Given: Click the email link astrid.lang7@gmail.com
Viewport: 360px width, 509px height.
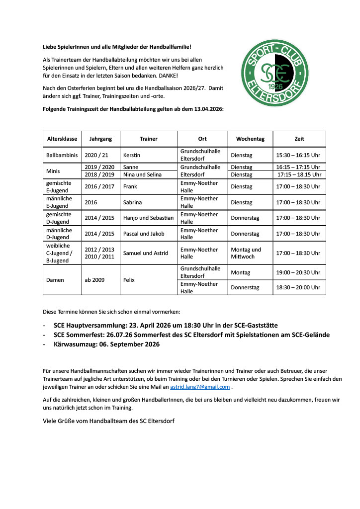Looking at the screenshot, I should point(200,387).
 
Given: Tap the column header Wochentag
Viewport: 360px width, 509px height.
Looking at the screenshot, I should point(250,139).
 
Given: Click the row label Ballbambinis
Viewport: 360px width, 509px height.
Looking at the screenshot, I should point(62,155).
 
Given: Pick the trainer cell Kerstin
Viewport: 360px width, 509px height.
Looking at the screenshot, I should point(132,155).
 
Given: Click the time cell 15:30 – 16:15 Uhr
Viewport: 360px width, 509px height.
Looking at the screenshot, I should point(298,155).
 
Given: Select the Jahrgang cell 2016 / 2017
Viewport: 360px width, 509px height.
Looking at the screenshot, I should point(99,186).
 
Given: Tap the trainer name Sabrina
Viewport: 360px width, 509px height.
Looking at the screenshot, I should point(134,202).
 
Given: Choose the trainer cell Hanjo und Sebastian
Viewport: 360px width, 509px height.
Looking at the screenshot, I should point(148,218).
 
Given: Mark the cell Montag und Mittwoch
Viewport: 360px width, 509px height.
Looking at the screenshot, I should point(246,253).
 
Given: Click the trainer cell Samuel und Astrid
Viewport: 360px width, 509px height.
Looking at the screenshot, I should point(145,253).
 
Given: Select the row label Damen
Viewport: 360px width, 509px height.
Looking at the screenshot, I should point(55,280).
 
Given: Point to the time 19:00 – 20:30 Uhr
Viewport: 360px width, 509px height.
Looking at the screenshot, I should point(298,272).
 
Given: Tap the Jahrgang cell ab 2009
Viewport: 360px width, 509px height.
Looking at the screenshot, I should point(94,280).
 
